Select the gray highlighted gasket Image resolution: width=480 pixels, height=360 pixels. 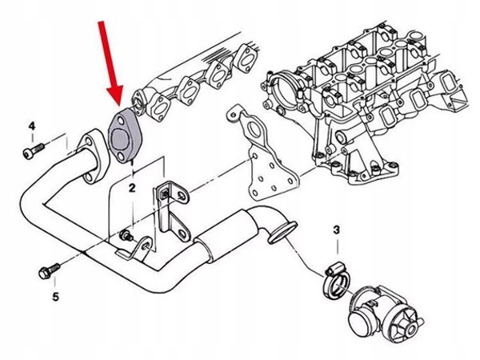click(122, 138)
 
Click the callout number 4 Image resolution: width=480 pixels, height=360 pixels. click(33, 126)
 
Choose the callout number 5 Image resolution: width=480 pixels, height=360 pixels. click(55, 298)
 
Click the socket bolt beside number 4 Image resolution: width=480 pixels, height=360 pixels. click(32, 150)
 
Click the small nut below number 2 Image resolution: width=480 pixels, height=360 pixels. click(126, 234)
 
